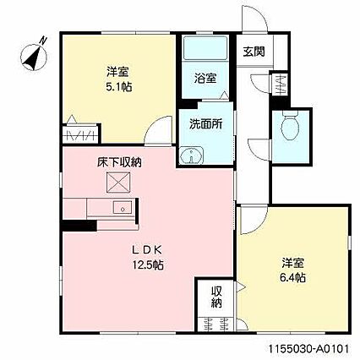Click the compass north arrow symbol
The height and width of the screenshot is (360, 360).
(x=34, y=55)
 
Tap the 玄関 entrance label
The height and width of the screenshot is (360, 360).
(x=254, y=52)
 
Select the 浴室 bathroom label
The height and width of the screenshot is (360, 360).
(x=205, y=78)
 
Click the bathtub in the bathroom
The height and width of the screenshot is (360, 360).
(x=205, y=48)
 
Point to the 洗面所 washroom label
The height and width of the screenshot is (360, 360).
(x=206, y=123)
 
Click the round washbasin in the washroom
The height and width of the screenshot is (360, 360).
(x=192, y=155)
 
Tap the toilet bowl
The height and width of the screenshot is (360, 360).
(x=290, y=125)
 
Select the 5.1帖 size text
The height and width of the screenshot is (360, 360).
(x=119, y=88)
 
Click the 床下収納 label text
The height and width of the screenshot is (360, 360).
(x=119, y=162)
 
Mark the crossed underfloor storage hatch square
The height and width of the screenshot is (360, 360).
(x=118, y=183)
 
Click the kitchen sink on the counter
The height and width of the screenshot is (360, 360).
(x=123, y=208)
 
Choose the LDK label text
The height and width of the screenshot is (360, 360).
(x=147, y=249)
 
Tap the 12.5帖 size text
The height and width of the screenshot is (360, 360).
(x=148, y=265)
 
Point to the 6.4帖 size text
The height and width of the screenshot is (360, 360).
(x=292, y=278)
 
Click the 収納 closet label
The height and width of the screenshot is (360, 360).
(x=216, y=297)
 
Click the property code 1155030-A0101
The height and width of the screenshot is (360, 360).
(x=308, y=348)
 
